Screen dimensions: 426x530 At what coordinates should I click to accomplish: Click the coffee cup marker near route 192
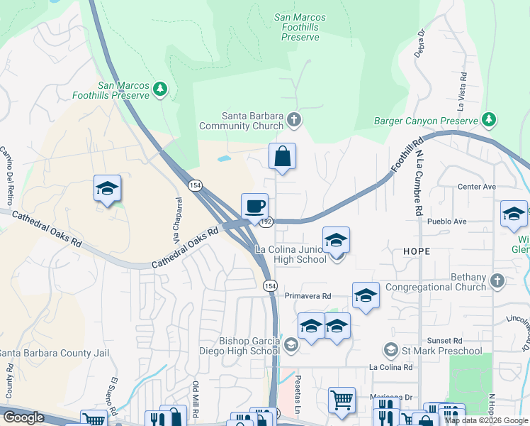255,207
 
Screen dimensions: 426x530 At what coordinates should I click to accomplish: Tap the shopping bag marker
282,156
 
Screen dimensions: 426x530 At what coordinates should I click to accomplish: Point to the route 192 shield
266,222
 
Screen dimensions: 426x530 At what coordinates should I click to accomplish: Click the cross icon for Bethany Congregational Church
497,280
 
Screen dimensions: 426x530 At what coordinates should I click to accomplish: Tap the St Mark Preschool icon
390,350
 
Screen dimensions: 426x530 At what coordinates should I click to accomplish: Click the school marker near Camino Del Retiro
107,189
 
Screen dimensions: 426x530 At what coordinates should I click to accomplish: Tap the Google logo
24,417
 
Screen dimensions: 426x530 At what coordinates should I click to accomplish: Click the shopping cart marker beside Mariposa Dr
342,400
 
